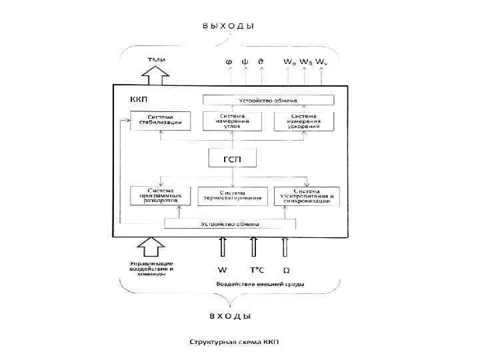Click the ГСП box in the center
(x=232, y=159)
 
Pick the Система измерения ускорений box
(x=303, y=121)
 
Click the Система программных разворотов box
(x=160, y=195)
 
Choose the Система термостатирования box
(x=233, y=196)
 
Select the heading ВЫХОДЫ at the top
(x=229, y=26)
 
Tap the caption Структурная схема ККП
(x=235, y=342)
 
